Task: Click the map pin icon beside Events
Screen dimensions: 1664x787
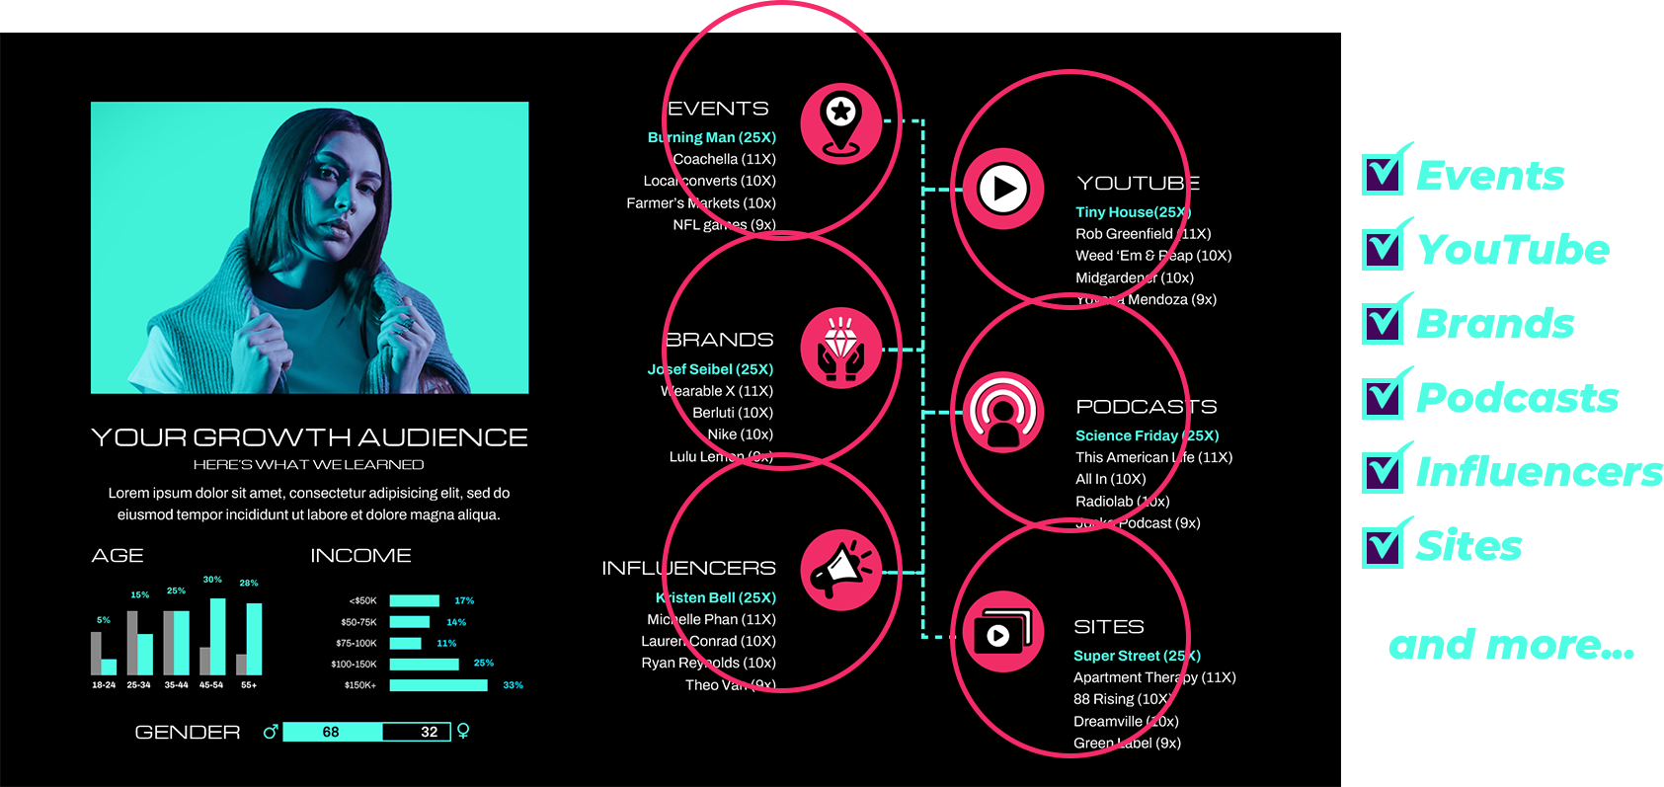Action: [840, 123]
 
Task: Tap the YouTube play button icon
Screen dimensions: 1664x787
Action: [1003, 189]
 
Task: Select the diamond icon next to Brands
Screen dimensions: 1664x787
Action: [840, 348]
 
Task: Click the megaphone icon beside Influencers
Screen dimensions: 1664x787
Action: [840, 571]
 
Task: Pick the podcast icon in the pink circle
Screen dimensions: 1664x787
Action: [1003, 412]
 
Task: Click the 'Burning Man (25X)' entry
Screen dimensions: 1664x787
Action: [712, 137]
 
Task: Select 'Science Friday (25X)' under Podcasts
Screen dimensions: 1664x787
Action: [1147, 435]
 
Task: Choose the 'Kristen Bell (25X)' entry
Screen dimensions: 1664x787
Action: [716, 597]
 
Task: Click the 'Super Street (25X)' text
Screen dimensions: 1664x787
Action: [1137, 656]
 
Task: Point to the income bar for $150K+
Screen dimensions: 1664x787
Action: [438, 685]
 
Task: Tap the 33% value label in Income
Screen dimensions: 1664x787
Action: [513, 685]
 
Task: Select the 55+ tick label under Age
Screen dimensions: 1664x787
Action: [249, 685]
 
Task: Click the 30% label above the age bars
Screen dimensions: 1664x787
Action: [212, 580]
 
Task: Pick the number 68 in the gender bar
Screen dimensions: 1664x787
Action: [331, 732]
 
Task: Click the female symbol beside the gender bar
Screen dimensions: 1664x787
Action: [463, 732]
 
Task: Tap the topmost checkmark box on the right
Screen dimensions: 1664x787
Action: [1383, 174]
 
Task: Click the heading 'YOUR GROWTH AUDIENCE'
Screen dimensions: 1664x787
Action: [309, 437]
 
